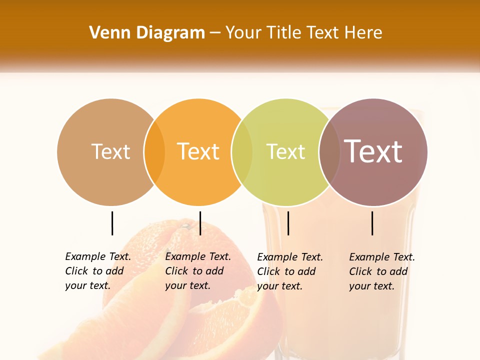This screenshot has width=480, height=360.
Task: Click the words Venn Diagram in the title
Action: pos(147,33)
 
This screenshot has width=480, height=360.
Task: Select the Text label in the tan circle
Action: pos(110,151)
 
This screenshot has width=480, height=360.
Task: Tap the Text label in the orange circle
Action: pos(198,151)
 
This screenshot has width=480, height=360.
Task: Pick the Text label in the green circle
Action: pos(285,151)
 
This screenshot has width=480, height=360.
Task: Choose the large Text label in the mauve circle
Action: pos(373,151)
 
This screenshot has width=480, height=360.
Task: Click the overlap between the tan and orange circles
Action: pos(154,152)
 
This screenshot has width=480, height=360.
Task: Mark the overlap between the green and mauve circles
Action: pos(329,152)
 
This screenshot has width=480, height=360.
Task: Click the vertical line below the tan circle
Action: pos(112,223)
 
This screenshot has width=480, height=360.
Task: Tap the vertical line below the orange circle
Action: pos(200,223)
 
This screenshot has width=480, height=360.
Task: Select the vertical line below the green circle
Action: pos(288,223)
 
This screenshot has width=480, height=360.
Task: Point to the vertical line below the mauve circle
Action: pos(372,223)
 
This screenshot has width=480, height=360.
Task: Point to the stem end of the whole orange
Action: pos(186,226)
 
